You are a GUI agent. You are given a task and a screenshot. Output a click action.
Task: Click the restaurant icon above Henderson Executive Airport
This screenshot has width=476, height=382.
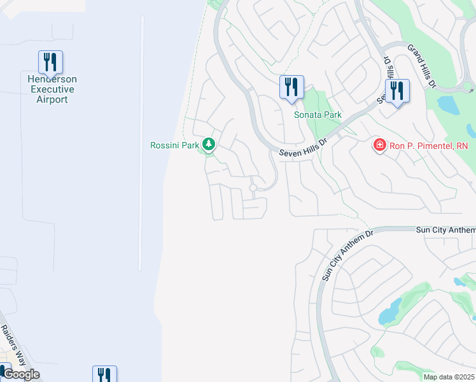(x=50, y=62)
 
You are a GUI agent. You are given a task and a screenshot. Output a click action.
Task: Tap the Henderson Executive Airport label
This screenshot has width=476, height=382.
(x=52, y=90)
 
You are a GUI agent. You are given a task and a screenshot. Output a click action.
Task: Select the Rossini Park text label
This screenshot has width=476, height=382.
(x=175, y=145)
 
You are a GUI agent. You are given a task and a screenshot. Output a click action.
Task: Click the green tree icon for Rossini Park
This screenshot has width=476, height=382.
(x=208, y=145)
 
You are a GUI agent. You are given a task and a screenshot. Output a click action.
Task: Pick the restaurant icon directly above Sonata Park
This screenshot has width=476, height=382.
(x=291, y=87)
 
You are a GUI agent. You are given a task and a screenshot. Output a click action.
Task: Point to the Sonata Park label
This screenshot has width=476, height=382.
(x=318, y=115)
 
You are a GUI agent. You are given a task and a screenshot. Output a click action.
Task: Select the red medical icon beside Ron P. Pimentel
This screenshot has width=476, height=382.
(x=379, y=146)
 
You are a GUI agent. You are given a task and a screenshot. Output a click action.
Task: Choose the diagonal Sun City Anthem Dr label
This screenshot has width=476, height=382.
(x=345, y=256)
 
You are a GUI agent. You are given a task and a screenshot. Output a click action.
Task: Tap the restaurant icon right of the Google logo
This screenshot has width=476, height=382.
(x=104, y=374)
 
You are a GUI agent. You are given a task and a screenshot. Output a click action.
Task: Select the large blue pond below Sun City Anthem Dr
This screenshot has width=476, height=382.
(x=390, y=311)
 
